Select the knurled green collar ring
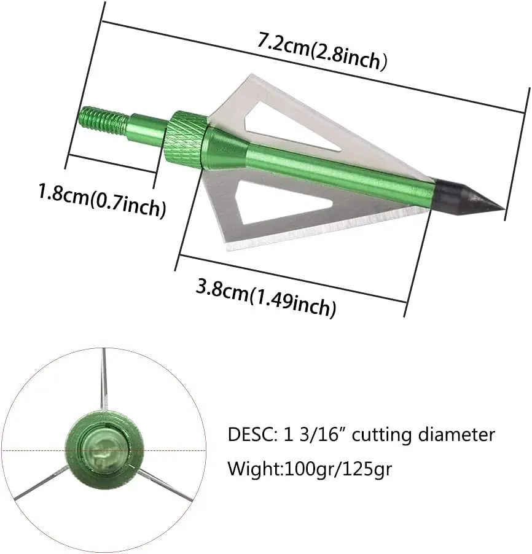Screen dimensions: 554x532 pos(186,139)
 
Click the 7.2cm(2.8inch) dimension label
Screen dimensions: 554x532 pos(322,52)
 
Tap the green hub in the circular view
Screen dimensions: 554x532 pos(104,449)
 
